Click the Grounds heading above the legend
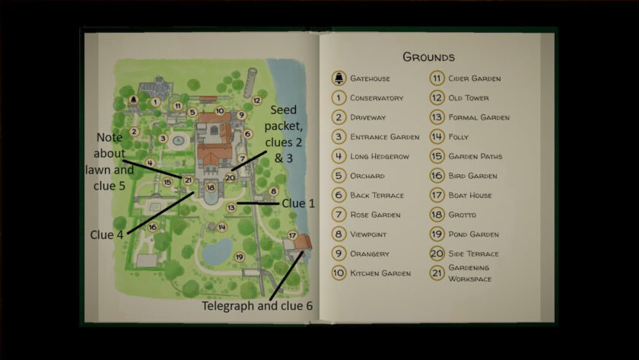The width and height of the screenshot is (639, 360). click(428, 57)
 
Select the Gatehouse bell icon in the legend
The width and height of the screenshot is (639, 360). click(339, 78)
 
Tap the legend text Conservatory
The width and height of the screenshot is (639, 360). click(377, 98)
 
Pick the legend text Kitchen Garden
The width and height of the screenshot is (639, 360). click(380, 273)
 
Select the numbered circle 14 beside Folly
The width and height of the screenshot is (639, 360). click(437, 137)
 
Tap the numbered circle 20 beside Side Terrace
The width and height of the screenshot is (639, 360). click(437, 253)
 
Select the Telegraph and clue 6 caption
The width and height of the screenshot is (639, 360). click(256, 307)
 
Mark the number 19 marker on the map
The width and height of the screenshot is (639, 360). click(239, 257)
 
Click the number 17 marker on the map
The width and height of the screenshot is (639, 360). click(292, 235)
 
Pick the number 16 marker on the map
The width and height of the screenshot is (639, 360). click(152, 227)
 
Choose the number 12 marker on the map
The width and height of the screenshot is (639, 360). click(256, 100)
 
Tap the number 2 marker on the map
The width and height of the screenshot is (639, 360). click(134, 132)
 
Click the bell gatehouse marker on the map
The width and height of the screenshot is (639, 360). click(132, 100)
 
